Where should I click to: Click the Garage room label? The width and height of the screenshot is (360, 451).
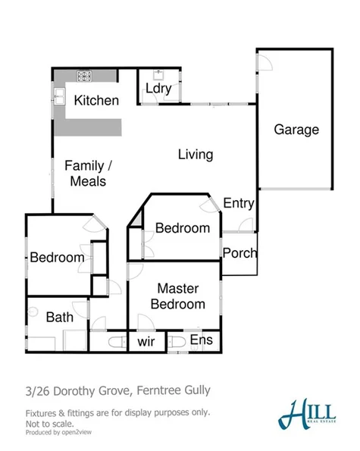[x=296, y=130]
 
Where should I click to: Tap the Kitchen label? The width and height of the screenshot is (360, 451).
[x=96, y=101]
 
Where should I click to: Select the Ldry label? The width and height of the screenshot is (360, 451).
[x=158, y=89]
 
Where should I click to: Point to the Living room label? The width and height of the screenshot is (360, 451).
[x=195, y=155]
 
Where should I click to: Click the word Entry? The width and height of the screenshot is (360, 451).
[x=239, y=203]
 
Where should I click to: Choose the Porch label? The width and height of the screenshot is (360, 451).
[x=239, y=253]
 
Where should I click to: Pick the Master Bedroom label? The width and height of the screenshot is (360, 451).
[x=177, y=296]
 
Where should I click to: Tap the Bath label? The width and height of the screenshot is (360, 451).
[x=60, y=317]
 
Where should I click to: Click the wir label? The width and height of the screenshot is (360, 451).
[x=146, y=342]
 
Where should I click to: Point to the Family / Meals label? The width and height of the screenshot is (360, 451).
[x=89, y=174]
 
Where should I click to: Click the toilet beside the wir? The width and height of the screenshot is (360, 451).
[x=117, y=343]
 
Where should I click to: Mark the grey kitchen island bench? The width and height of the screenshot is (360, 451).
[x=95, y=126]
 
